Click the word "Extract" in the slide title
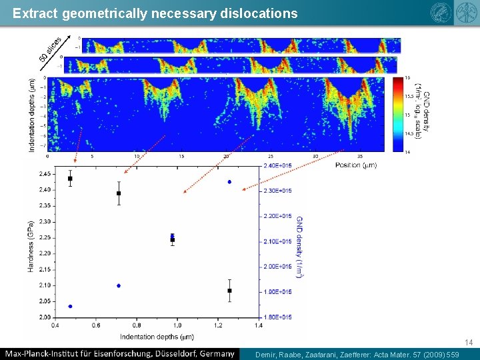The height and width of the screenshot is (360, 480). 34,13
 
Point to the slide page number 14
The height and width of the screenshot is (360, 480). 469,343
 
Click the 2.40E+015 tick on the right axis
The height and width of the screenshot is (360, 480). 277,165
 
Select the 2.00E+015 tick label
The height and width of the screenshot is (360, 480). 277,267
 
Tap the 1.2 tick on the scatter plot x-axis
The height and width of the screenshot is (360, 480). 218,325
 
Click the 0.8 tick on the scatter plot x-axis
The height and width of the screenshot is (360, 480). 137,325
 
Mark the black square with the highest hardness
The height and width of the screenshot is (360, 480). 70,179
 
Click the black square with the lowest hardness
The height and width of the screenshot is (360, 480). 229,291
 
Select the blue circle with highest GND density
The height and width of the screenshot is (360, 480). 229,182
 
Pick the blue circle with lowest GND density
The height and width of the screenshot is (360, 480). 70,307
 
